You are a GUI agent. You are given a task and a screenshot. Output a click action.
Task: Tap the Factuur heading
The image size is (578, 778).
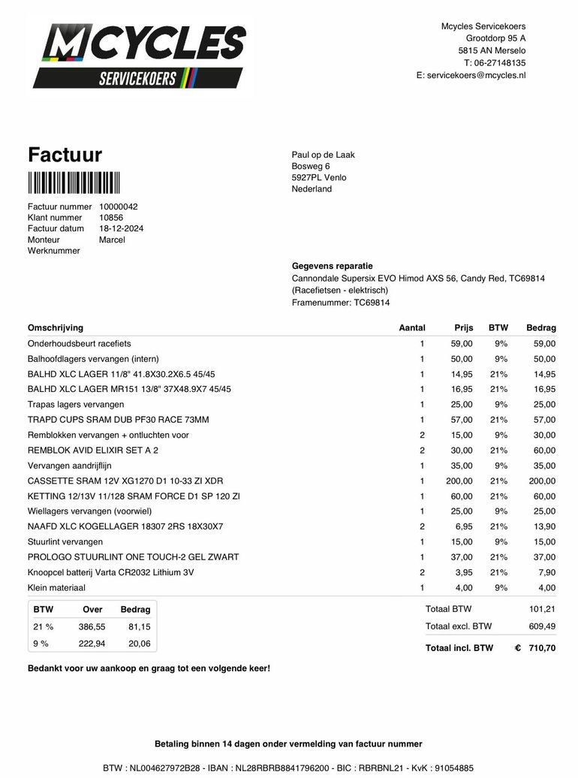[65, 155]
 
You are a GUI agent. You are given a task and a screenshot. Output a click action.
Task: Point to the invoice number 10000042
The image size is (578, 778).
[119, 207]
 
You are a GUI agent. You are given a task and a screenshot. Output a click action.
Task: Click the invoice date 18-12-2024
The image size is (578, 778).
[122, 228]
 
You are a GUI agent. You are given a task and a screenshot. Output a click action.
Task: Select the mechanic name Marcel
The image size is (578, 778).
[112, 240]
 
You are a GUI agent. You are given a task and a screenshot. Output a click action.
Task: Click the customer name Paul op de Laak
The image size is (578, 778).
[323, 155]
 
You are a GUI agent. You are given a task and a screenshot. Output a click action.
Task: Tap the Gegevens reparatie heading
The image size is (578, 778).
[332, 266]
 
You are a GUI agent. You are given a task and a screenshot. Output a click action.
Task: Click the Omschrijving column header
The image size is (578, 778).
[56, 327]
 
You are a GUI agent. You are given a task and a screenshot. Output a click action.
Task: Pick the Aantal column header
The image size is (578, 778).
[412, 327]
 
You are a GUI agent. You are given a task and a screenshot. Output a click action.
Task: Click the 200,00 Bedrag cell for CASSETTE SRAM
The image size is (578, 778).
[540, 481]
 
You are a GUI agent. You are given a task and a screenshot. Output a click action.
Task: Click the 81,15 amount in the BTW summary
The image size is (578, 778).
[138, 626]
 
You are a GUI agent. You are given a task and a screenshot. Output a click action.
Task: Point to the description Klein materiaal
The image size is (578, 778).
[56, 587]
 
